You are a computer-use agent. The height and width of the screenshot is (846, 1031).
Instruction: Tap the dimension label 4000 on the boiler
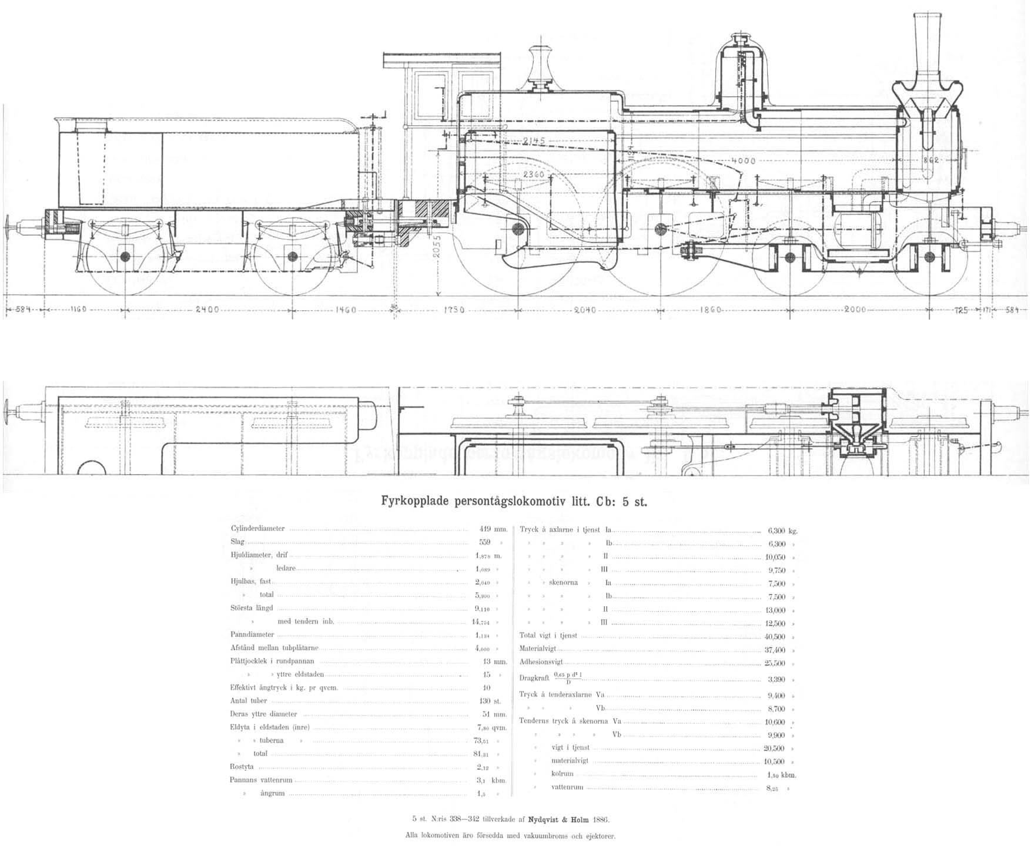[x=743, y=160]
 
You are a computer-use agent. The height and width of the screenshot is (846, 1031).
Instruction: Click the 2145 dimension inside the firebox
[x=534, y=141]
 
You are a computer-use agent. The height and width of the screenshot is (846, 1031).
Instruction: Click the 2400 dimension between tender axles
[x=207, y=310]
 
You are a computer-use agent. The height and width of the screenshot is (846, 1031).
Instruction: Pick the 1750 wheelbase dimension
[x=453, y=310]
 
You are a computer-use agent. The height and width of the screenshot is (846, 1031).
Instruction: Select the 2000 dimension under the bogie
[x=855, y=310]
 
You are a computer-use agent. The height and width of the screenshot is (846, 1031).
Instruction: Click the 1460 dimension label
[x=346, y=310]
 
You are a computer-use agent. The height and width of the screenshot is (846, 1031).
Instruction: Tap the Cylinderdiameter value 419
[x=486, y=529]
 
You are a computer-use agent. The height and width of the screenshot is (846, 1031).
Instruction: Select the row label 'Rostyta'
[x=242, y=767]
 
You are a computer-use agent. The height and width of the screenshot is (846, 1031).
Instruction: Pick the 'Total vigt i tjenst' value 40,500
[x=775, y=637]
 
